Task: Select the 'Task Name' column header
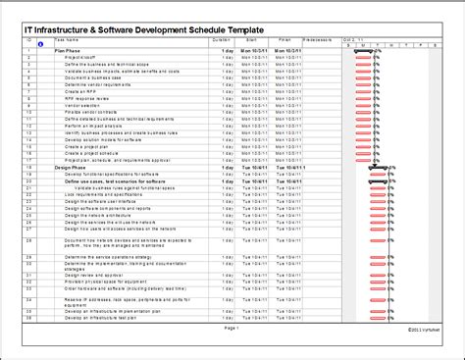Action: tap(67, 40)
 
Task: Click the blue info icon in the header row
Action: tap(39, 45)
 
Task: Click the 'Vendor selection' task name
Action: tap(82, 106)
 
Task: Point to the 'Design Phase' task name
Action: tap(72, 168)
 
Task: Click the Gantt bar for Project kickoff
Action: tap(362, 57)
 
